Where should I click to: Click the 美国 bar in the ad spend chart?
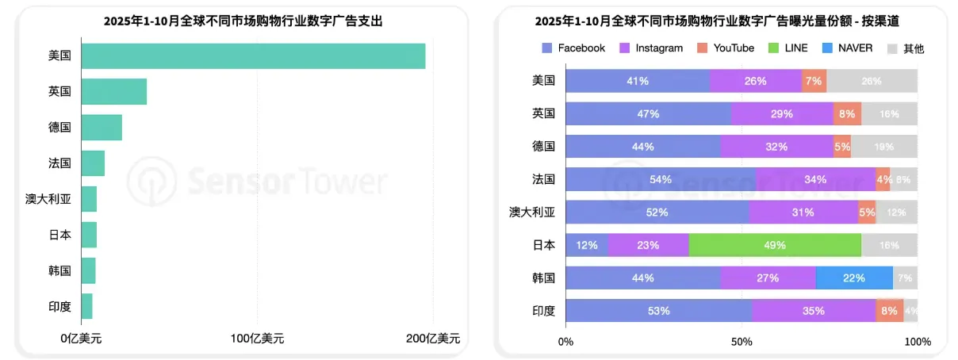pyautogui.click(x=252, y=56)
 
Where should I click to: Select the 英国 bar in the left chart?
pyautogui.click(x=113, y=92)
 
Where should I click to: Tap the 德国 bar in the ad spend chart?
pyautogui.click(x=102, y=128)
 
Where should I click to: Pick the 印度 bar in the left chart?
pyautogui.click(x=86, y=306)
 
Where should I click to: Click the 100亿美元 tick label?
pyautogui.click(x=257, y=339)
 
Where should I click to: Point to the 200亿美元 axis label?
pyautogui.click(x=432, y=339)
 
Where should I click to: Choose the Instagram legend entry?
pyautogui.click(x=650, y=48)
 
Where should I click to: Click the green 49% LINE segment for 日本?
pyautogui.click(x=774, y=245)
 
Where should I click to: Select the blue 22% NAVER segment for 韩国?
pyautogui.click(x=853, y=278)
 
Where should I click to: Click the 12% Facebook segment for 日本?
pyautogui.click(x=587, y=245)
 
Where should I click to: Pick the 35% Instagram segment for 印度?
pyautogui.click(x=813, y=311)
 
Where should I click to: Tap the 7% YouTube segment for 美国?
pyautogui.click(x=814, y=81)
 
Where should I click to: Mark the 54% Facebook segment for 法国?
pyautogui.click(x=661, y=179)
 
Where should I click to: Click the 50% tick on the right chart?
pyautogui.click(x=741, y=342)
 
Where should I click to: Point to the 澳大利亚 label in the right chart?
pyautogui.click(x=531, y=213)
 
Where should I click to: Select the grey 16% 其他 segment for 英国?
pyautogui.click(x=889, y=113)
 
